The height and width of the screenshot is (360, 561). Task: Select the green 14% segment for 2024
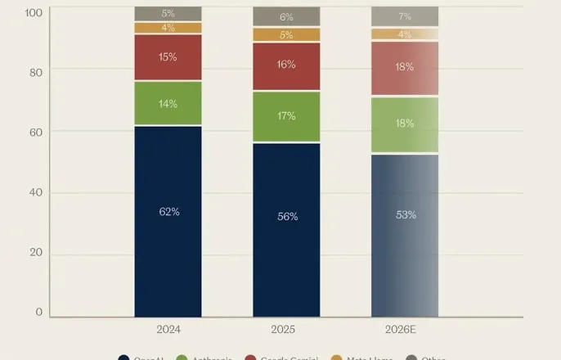click(x=168, y=104)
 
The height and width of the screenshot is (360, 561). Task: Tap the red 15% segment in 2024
click(x=168, y=57)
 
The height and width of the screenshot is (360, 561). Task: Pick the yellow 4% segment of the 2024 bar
click(x=168, y=28)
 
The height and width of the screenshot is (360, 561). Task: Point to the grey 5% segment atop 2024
click(x=168, y=13)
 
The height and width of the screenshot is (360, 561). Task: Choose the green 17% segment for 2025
click(x=286, y=116)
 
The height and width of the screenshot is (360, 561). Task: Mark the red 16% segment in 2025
click(x=286, y=65)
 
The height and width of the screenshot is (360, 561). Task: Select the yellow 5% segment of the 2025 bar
click(x=286, y=34)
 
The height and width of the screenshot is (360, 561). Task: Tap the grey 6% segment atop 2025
click(x=286, y=16)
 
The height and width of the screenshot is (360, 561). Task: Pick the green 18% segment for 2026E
click(x=405, y=124)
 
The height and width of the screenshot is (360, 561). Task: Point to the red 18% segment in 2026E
click(x=405, y=68)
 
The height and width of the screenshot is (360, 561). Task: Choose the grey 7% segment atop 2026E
click(x=405, y=16)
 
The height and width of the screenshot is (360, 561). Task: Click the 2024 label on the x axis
click(x=168, y=330)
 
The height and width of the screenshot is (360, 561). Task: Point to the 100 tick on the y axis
click(x=34, y=12)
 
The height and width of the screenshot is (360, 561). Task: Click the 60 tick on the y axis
click(x=36, y=131)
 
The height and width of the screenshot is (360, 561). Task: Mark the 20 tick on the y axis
click(x=36, y=253)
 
